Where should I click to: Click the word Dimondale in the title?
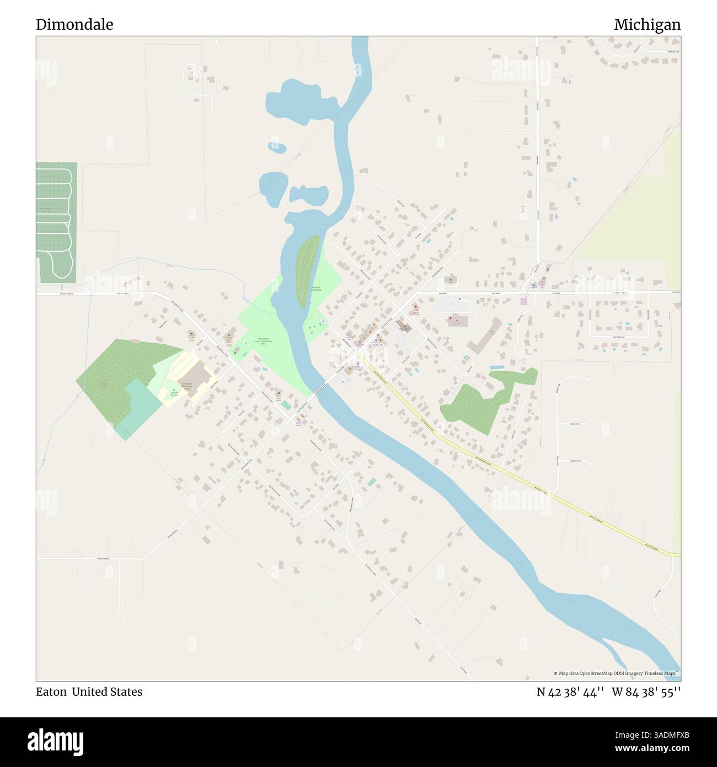click(74, 25)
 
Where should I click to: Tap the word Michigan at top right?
click(647, 25)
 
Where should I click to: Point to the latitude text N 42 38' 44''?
click(570, 692)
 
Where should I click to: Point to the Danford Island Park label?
click(315, 287)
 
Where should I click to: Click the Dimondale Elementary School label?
click(186, 386)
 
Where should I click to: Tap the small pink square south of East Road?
click(523, 301)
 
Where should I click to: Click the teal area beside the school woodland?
click(133, 408)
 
